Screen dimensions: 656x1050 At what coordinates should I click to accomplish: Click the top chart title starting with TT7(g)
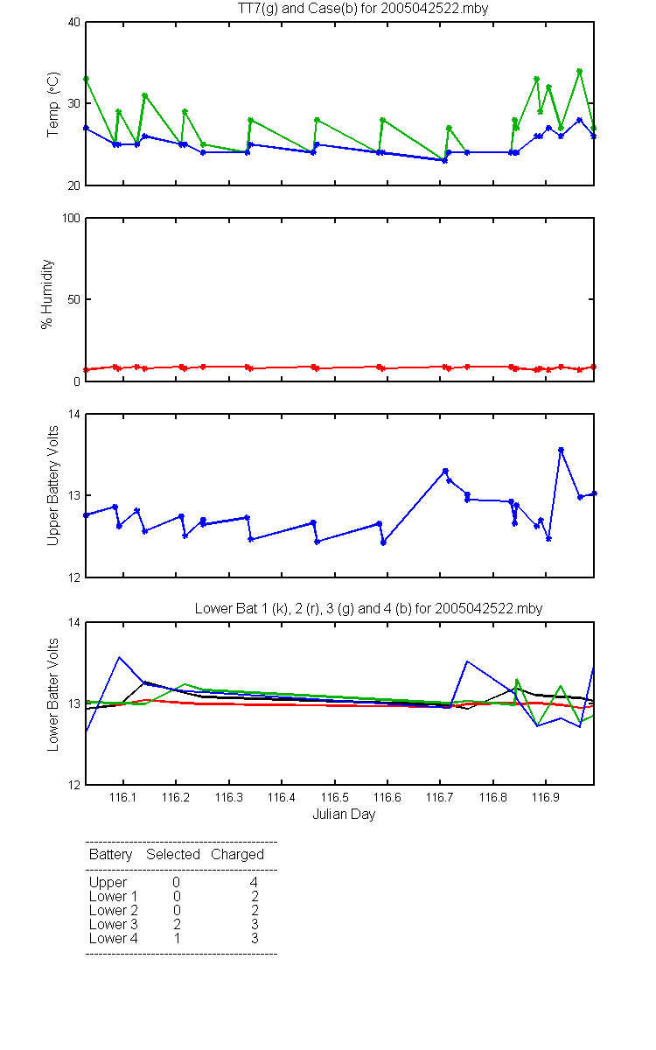point(363,9)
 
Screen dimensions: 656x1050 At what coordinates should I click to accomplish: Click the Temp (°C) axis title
point(53,104)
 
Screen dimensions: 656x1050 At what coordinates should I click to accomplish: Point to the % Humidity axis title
point(47,294)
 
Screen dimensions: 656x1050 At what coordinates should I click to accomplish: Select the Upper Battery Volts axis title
point(53,486)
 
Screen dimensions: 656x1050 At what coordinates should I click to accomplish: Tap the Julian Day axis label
point(344,815)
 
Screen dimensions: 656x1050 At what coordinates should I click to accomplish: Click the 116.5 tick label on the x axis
point(334,797)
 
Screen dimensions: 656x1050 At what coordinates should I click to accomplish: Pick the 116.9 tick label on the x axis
point(546,797)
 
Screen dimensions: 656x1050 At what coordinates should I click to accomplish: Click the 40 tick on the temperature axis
point(74,23)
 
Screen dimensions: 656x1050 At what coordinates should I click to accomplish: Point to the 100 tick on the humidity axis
point(71,219)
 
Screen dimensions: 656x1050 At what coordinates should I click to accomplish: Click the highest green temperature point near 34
point(580,71)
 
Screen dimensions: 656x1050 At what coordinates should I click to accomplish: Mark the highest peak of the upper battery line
point(561,450)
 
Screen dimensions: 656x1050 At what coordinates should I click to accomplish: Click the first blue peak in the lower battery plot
point(120,657)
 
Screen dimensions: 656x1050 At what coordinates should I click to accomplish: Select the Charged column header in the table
point(237,855)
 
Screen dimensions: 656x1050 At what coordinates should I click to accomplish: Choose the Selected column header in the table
point(173,854)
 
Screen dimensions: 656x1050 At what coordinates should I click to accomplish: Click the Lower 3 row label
point(114,924)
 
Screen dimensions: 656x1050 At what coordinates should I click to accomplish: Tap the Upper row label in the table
point(108,883)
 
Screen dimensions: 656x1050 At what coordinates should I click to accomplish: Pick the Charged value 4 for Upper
point(254,882)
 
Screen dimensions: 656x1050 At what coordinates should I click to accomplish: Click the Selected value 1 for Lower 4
point(177,938)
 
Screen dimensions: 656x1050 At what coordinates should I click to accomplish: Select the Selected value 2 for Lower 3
point(177,924)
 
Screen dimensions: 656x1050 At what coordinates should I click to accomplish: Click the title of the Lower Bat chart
point(368,608)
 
